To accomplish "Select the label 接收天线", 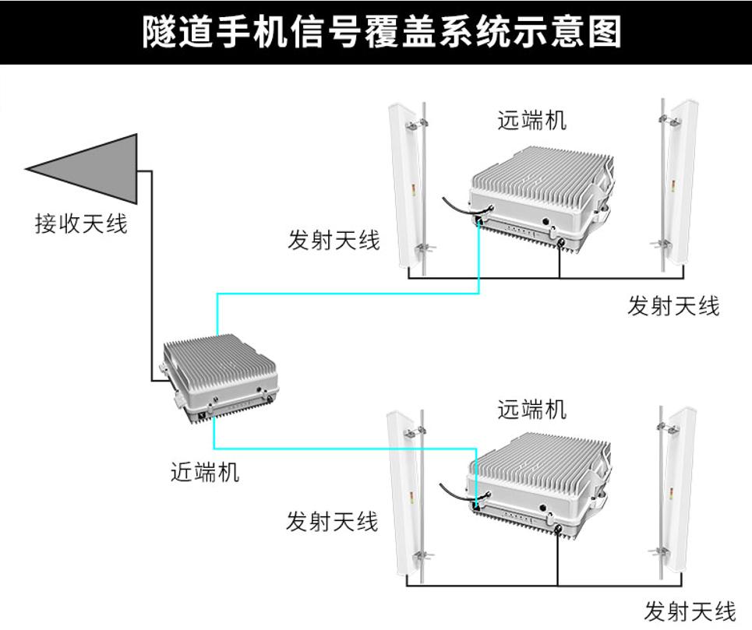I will pos(80,224).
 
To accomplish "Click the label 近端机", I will pos(204,472).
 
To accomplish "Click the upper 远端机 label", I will pos(531,121).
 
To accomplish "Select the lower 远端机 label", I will pos(531,409).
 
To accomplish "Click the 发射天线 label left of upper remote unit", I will pos(334,241).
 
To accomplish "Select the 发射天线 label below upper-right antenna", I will pos(673,306).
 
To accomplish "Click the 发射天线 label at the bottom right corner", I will pos(690,611).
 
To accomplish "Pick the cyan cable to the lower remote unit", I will pos(343,449).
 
